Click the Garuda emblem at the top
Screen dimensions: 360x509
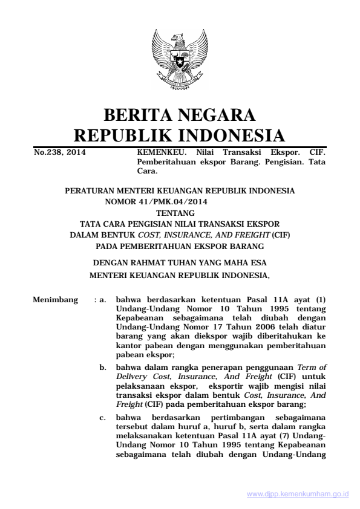(x=180, y=61)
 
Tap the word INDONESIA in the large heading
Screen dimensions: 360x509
(x=229, y=135)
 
